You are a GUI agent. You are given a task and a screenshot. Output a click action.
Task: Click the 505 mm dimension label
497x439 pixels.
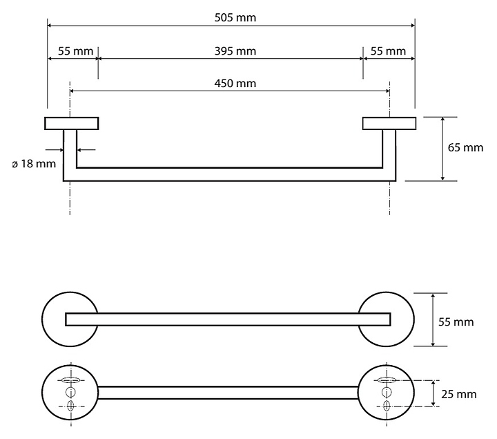click(x=235, y=17)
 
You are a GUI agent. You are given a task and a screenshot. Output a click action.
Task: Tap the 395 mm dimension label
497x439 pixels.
click(x=235, y=51)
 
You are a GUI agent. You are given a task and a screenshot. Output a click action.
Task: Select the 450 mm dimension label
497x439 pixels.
click(x=235, y=84)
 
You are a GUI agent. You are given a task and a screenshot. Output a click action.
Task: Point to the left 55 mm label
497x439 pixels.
click(x=75, y=51)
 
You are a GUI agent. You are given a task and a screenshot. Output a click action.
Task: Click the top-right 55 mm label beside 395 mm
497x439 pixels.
click(x=388, y=51)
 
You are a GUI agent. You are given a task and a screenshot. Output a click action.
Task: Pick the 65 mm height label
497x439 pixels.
click(x=465, y=148)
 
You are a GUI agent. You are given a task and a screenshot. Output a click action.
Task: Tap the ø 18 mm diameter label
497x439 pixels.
click(x=34, y=164)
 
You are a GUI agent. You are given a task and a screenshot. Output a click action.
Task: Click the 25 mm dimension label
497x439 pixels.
click(x=459, y=394)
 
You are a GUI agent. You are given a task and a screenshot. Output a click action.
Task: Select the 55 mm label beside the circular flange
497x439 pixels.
click(x=456, y=322)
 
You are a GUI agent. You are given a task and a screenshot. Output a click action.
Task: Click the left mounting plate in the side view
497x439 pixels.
click(x=72, y=124)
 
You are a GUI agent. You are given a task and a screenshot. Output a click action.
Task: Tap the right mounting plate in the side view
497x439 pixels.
click(x=389, y=124)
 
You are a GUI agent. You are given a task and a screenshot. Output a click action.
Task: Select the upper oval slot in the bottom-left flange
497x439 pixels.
click(x=70, y=380)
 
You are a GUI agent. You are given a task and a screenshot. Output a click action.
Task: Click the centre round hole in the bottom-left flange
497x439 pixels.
click(x=70, y=392)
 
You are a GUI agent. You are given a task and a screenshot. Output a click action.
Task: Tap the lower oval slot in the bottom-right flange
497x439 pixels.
click(x=387, y=406)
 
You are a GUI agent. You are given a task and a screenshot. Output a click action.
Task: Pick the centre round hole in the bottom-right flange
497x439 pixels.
click(x=387, y=392)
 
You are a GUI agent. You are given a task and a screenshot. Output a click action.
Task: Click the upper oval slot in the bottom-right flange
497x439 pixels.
click(x=387, y=380)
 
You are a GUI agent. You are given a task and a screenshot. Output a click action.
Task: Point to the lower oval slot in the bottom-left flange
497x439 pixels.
click(x=70, y=406)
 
